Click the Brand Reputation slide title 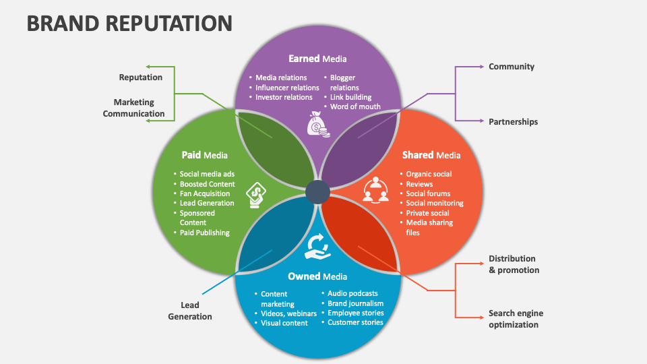(129, 22)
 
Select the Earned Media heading (317, 59)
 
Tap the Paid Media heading (204, 155)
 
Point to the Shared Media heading (431, 155)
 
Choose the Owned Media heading (317, 276)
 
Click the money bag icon (317, 123)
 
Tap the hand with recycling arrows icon (317, 247)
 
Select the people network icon (376, 189)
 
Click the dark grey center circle (317, 193)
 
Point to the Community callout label (512, 67)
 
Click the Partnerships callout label (514, 122)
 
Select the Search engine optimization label (516, 319)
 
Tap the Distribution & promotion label (514, 264)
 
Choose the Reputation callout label (141, 78)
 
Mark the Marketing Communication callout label (133, 108)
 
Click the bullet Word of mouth (355, 107)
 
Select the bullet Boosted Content (207, 184)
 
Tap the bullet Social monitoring (434, 203)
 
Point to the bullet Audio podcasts (352, 293)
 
